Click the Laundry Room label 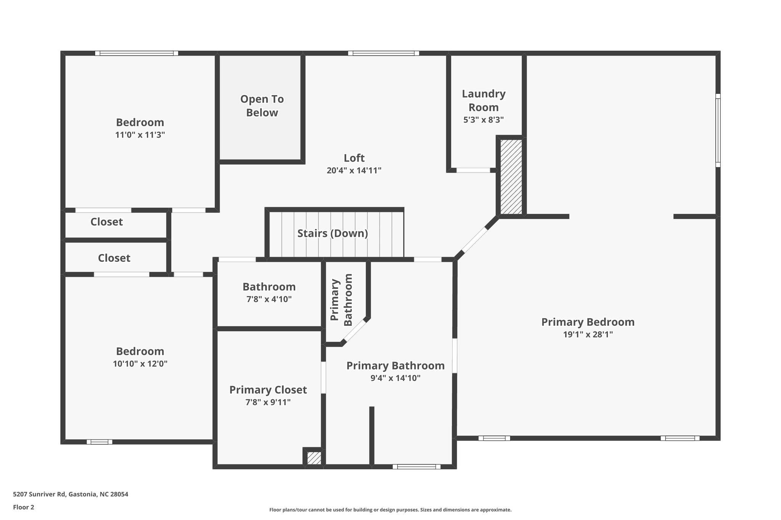pos(484,100)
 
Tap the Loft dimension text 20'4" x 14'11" pos(354,170)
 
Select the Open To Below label pos(262,106)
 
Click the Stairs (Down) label pos(333,233)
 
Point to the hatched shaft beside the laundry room pos(511,177)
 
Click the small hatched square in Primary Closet pos(314,458)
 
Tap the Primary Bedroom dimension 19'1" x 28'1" pos(588,334)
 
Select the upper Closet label pos(106,222)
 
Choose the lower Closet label pos(114,258)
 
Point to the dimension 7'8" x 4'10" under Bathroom pos(269,299)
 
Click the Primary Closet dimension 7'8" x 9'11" pos(268,402)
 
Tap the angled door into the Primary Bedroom pos(475,240)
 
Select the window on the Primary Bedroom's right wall pos(718,130)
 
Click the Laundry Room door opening pos(473,170)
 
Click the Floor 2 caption pos(24,507)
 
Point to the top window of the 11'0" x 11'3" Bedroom pos(137,53)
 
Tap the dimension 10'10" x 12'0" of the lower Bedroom pos(140,364)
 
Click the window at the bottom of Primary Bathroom pos(416,467)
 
